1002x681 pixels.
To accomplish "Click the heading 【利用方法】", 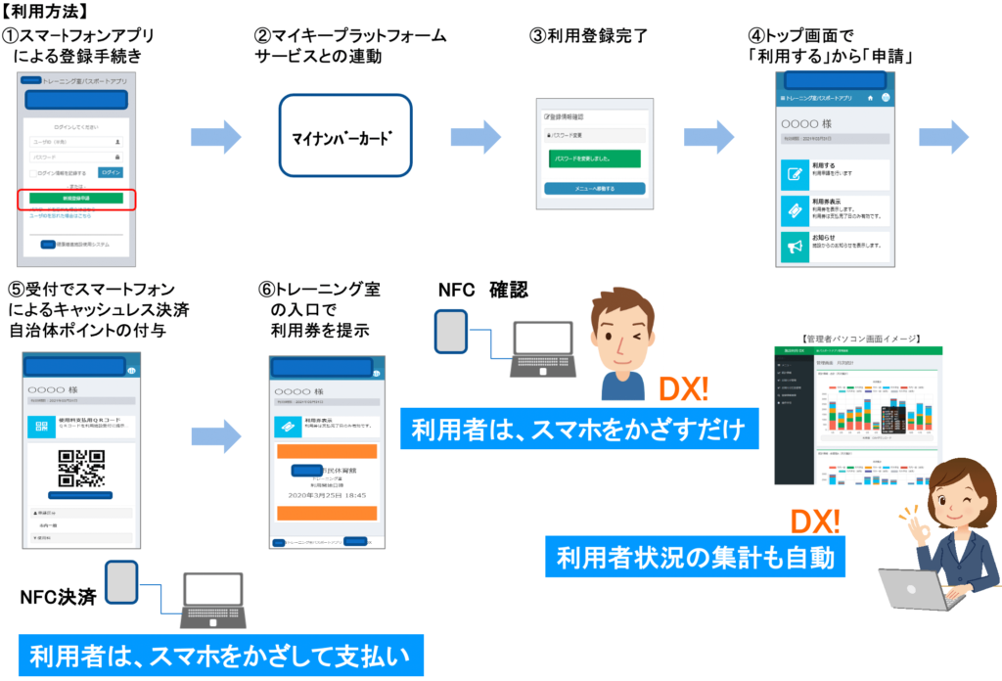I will [46, 13].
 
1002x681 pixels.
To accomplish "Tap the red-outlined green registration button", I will [75, 199].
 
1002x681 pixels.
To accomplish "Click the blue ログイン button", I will [111, 172].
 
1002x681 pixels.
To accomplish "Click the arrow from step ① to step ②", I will [214, 137].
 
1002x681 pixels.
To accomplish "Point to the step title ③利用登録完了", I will [589, 36].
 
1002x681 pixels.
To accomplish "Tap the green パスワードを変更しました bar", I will [595, 158].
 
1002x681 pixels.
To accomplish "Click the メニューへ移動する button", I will [595, 188].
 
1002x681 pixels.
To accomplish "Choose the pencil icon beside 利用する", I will [791, 175].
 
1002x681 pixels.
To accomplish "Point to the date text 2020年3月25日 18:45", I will [327, 495].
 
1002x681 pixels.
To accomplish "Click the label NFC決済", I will [58, 595].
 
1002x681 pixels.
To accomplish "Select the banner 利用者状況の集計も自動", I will [696, 558].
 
